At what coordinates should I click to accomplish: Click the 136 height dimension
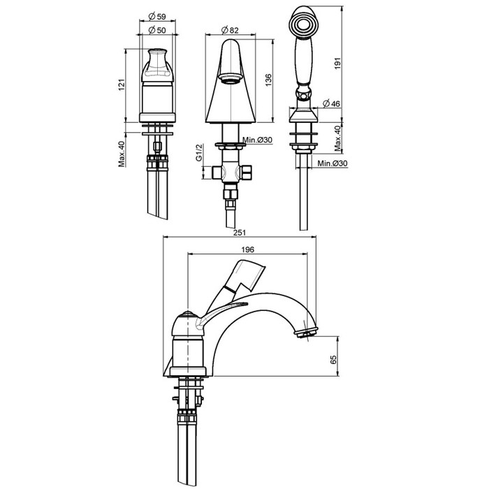tap(268, 80)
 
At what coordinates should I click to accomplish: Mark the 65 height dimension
tap(333, 359)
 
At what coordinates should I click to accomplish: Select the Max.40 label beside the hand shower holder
tap(337, 137)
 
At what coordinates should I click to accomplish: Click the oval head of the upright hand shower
tap(302, 25)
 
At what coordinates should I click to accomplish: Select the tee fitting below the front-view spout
tap(231, 171)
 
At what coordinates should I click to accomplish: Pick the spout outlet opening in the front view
tap(231, 77)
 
